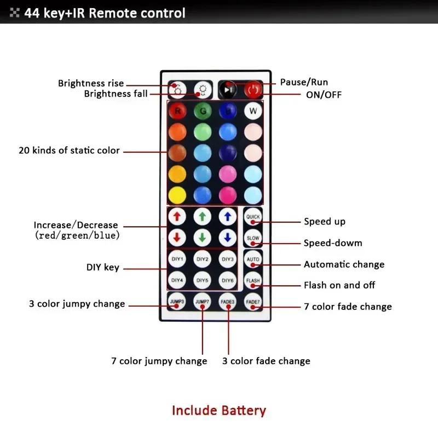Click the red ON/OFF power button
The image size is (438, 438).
(253, 89)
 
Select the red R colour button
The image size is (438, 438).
(177, 112)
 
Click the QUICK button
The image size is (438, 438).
(253, 217)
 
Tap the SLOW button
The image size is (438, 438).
(253, 238)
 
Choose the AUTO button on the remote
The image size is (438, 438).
(253, 260)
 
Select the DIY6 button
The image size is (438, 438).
(228, 280)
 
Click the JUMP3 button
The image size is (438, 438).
(177, 302)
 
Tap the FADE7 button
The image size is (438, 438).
(253, 302)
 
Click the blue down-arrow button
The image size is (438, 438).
(228, 238)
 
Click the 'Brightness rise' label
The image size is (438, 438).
(91, 83)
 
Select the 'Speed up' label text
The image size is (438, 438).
(325, 221)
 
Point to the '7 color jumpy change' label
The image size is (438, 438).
(159, 361)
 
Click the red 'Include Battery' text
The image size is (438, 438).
(219, 410)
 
